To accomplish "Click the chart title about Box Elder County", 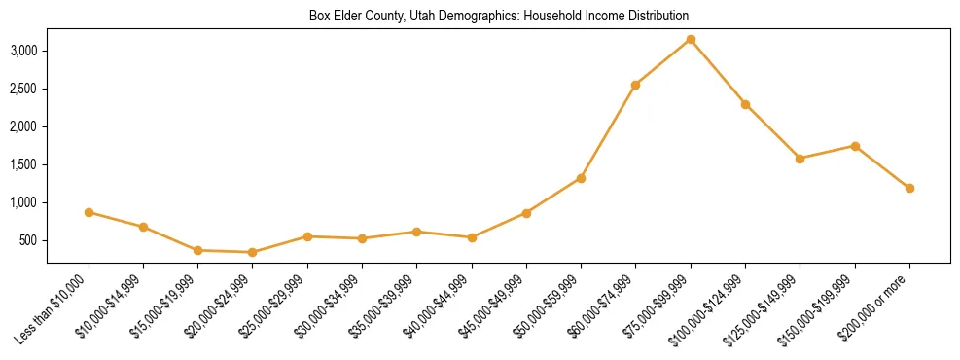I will (x=499, y=16).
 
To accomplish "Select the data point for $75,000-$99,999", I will (x=691, y=40).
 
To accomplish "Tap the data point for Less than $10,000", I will (x=89, y=212).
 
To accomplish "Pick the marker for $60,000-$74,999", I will (x=635, y=85).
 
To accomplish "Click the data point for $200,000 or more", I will (x=909, y=188).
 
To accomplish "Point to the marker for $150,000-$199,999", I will (x=855, y=146).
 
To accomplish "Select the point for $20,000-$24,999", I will (x=253, y=252).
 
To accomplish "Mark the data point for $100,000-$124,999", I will (x=745, y=104).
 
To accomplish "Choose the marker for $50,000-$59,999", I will (x=581, y=178).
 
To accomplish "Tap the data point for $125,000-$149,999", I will (x=800, y=159).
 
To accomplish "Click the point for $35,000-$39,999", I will (x=416, y=232).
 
